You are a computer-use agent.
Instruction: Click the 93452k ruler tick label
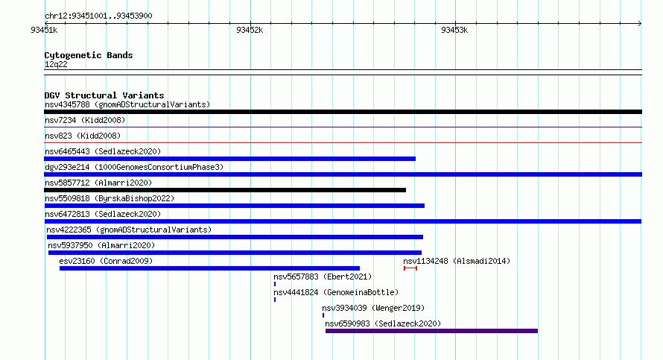click(250, 30)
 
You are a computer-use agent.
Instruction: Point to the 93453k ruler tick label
click(454, 30)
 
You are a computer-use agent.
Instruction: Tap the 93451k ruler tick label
click(44, 30)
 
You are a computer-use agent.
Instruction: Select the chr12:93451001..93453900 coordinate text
click(98, 16)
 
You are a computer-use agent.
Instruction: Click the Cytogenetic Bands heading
click(89, 55)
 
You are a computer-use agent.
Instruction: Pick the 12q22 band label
click(56, 64)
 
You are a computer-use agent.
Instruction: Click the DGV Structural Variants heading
click(104, 95)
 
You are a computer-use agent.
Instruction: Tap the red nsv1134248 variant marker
click(410, 268)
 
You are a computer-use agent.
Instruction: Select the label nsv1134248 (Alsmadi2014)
click(457, 261)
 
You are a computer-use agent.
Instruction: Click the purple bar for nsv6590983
click(431, 331)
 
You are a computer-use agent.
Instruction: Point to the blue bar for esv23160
click(209, 268)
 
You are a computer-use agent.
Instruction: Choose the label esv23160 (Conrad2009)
click(106, 261)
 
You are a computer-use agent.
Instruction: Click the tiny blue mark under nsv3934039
click(323, 315)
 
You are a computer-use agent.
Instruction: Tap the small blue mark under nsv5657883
click(275, 284)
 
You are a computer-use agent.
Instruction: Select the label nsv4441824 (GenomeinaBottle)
click(336, 292)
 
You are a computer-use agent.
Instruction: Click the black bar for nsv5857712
click(225, 190)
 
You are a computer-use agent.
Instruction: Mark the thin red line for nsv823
click(343, 143)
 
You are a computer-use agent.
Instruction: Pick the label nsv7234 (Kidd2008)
click(85, 120)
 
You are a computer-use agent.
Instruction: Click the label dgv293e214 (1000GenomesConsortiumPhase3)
click(134, 167)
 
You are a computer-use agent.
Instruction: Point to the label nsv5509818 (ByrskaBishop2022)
click(110, 198)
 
